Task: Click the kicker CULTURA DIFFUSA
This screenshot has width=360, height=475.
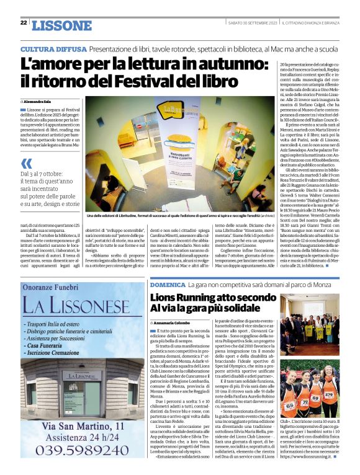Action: [x=53, y=48]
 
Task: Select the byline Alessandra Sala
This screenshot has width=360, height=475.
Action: [x=37, y=100]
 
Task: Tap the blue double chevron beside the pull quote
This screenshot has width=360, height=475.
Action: [x=26, y=163]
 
